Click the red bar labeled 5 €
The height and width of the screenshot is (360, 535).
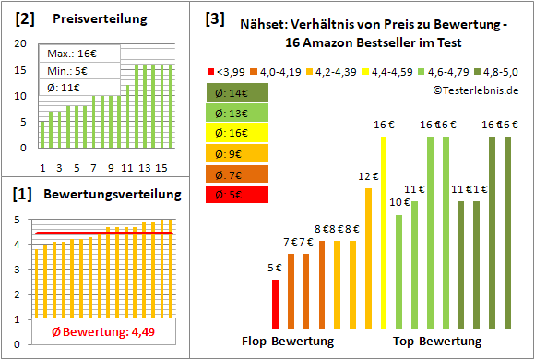point(275,304)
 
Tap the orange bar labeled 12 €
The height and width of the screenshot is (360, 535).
point(368,258)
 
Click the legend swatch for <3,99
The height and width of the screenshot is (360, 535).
point(213,71)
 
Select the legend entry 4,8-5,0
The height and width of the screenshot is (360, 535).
point(502,71)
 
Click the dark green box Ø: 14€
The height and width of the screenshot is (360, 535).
point(238,92)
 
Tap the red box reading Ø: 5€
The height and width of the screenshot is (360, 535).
point(238,194)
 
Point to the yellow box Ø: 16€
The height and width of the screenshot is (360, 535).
point(238,133)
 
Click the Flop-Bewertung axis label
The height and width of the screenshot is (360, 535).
point(287,342)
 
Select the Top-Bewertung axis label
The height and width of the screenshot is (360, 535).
point(437,342)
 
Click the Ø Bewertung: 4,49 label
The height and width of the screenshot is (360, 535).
point(97,332)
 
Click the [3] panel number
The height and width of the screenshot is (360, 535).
point(214,18)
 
